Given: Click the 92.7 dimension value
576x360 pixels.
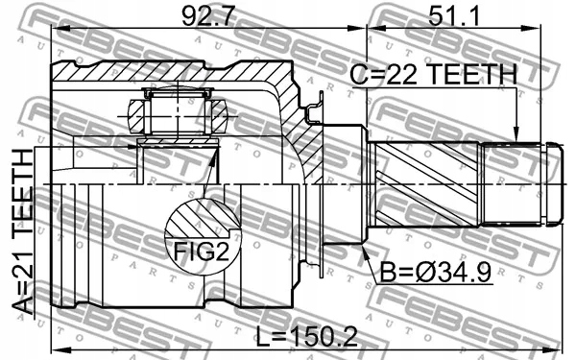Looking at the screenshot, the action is pos(208,15).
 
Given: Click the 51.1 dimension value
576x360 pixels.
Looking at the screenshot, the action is pos(454,15).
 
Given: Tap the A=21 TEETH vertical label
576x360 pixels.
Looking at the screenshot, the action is pos(23,231).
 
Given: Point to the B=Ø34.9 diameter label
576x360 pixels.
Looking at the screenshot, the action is pos(435,273).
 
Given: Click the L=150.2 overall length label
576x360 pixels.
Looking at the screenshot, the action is pos(307,337).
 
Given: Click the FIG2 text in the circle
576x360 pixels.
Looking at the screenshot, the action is pos(202,252).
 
